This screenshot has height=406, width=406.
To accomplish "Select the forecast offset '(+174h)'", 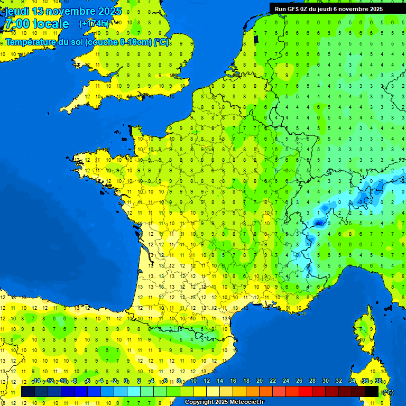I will pos(94,24).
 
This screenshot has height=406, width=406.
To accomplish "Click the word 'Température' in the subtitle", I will pos(31,42).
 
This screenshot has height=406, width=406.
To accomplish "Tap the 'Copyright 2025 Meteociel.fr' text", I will pos(224,402).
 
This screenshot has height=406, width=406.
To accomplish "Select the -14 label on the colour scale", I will pos(36,381).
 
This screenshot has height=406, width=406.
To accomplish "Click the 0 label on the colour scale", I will pos(126,381).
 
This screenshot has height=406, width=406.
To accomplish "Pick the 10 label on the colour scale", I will pos(193,381).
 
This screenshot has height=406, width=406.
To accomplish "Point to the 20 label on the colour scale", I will pos(260,381).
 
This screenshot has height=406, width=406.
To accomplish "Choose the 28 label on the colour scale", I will pos(312,381).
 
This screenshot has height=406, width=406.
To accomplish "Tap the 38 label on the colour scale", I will pos(378,381).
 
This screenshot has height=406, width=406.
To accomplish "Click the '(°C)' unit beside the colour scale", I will pos(388,392).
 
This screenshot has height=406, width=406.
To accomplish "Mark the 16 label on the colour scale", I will pos(233,381).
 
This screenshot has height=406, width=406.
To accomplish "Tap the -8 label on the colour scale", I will pos(75,381).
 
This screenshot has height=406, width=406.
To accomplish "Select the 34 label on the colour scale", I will pos(352,381).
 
